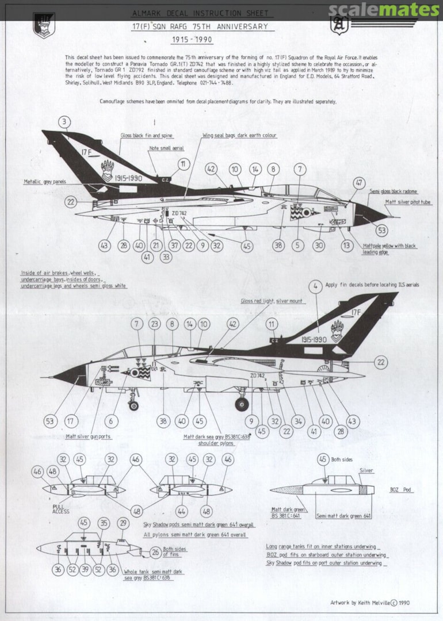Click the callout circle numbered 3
click(x=65, y=121)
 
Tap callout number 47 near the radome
click(x=360, y=183)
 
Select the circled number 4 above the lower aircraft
click(x=314, y=286)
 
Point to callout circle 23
click(x=154, y=324)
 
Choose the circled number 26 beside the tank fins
click(x=155, y=553)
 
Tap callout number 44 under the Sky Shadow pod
click(x=181, y=511)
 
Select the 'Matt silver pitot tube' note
click(x=408, y=202)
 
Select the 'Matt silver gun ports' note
click(x=88, y=436)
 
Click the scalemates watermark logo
click(x=384, y=9)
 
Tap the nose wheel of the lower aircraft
click(x=133, y=405)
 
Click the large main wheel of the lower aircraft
click(x=242, y=404)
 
